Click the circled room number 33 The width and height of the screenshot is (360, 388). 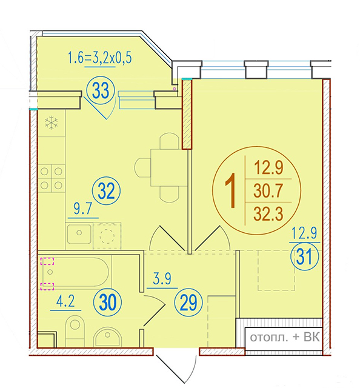pos(101,90)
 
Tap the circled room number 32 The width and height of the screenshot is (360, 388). pos(107,191)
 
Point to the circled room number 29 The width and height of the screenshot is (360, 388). pos(188,303)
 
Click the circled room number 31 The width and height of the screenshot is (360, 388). pos(304,256)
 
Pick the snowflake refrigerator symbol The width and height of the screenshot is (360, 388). pos(52,122)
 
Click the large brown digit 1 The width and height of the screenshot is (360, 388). pos(231,190)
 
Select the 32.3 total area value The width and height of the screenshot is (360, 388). pos(268,214)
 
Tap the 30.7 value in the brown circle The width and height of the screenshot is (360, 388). pos(268,191)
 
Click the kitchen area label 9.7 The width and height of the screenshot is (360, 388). pos(83,209)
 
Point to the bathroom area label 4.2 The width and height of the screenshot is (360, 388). pos(65,302)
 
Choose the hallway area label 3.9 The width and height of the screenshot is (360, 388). pos(162,279)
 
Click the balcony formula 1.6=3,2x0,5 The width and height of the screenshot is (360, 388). pos(100,58)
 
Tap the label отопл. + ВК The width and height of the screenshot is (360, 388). pos(285,337)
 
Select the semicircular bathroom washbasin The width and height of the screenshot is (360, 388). pos(108,337)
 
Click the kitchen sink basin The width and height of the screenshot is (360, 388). pos(79,233)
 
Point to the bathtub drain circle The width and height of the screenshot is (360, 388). pos(50,272)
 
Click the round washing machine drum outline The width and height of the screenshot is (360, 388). pos(107,236)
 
